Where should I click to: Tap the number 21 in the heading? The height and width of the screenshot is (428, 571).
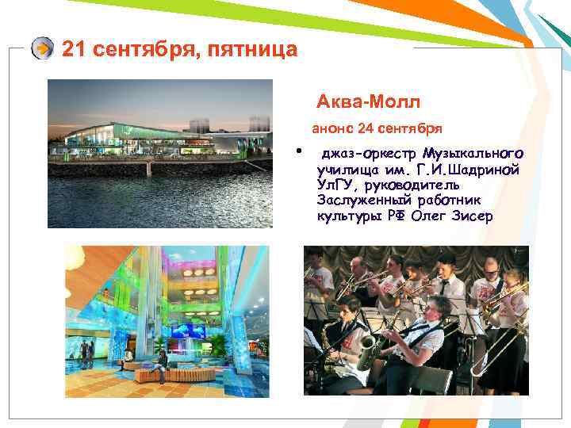pyautogui.click(x=73, y=50)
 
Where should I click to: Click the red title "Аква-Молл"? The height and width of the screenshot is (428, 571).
pyautogui.click(x=368, y=102)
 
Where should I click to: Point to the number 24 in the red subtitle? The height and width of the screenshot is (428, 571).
pyautogui.click(x=366, y=128)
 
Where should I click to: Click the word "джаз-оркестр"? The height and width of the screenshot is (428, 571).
pyautogui.click(x=368, y=153)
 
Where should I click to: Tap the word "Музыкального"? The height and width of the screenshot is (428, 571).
pyautogui.click(x=473, y=153)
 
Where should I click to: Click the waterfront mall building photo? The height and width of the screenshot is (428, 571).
pyautogui.click(x=159, y=154)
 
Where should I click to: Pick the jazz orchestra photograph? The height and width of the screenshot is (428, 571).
pyautogui.click(x=416, y=320)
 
